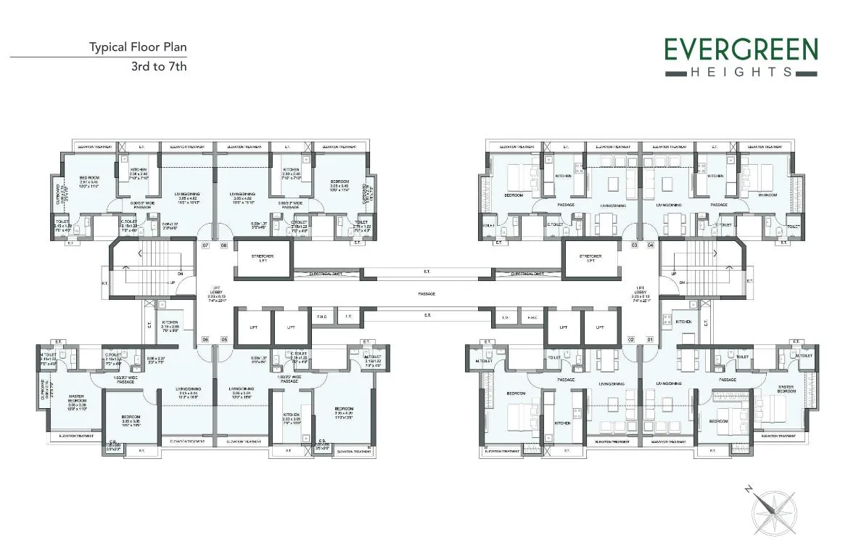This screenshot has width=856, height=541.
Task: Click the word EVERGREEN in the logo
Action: tap(741, 50)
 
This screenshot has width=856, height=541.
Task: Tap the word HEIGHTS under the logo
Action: tap(741, 72)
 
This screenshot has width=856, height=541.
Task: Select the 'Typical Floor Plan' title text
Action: tap(138, 48)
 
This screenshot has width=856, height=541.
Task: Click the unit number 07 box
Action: tap(205, 246)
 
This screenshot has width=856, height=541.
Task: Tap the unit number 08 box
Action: tap(224, 246)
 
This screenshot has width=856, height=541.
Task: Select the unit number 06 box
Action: tap(205, 339)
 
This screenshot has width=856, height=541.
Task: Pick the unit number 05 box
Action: tap(224, 339)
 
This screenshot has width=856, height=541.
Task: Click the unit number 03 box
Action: tap(633, 246)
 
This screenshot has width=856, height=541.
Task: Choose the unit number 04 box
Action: tap(651, 246)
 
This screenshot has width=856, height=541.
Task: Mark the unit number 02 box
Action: tap(631, 339)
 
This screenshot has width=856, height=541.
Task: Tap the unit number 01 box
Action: tap(650, 339)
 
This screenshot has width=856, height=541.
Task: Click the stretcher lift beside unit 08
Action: tap(262, 259)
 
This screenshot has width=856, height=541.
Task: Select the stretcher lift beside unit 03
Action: tap(590, 259)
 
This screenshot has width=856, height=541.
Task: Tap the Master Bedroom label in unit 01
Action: tap(786, 389)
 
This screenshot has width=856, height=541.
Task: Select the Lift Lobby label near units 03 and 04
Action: tap(641, 293)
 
